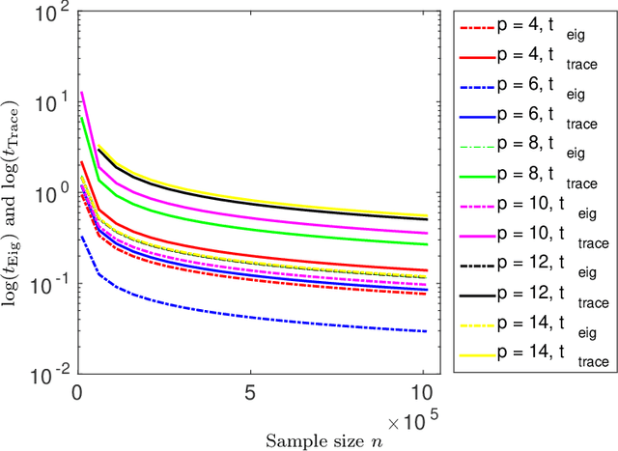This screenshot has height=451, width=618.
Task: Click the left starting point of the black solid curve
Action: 98,149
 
